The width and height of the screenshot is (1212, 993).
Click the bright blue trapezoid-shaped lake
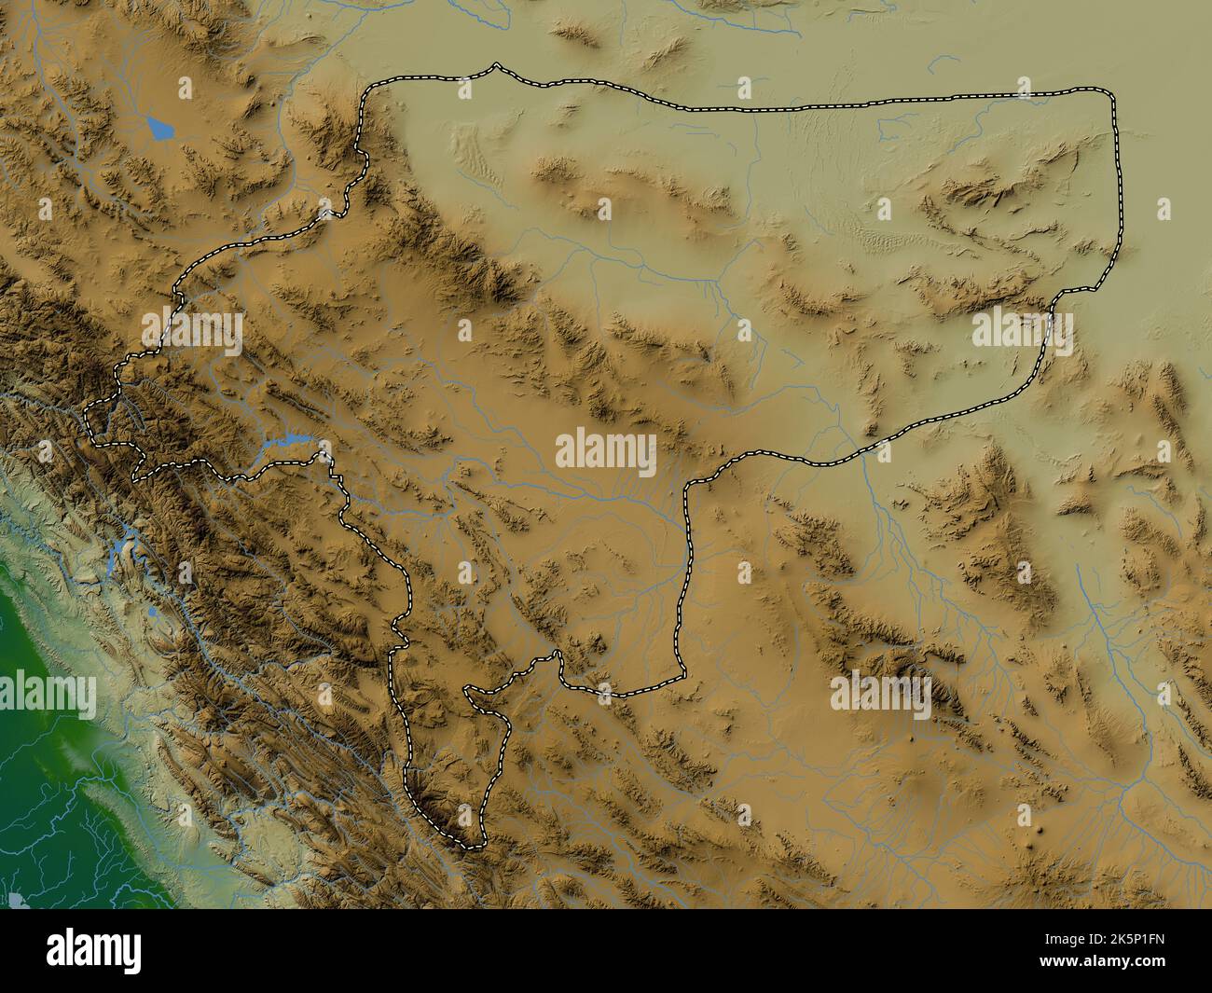(160, 127)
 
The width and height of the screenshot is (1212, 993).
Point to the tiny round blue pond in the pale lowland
(152, 611)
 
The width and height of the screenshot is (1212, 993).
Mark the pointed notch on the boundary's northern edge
(496, 65)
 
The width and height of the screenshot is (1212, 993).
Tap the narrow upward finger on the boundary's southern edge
(558, 656)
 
